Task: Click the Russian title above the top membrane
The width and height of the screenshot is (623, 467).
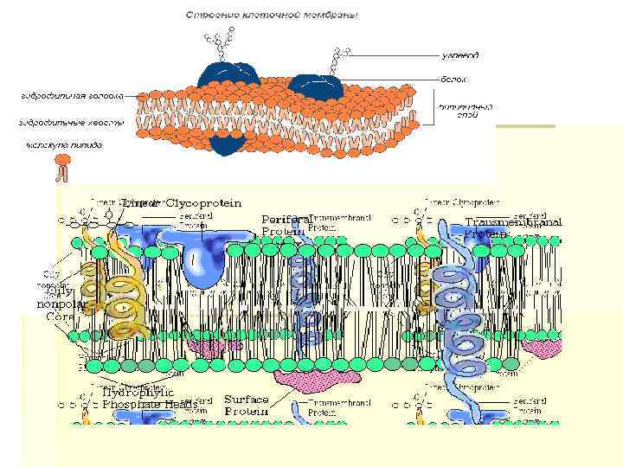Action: pyautogui.click(x=272, y=15)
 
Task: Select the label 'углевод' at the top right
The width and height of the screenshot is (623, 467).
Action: pyautogui.click(x=460, y=55)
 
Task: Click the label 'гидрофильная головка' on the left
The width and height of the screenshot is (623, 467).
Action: pyautogui.click(x=71, y=95)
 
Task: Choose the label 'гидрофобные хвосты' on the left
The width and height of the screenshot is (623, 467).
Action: pyautogui.click(x=71, y=122)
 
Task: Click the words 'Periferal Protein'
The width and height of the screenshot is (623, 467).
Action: pyautogui.click(x=286, y=225)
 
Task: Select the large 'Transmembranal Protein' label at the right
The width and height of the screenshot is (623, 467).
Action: pyautogui.click(x=512, y=227)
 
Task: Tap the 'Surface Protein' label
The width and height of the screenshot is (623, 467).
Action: pyautogui.click(x=247, y=406)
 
